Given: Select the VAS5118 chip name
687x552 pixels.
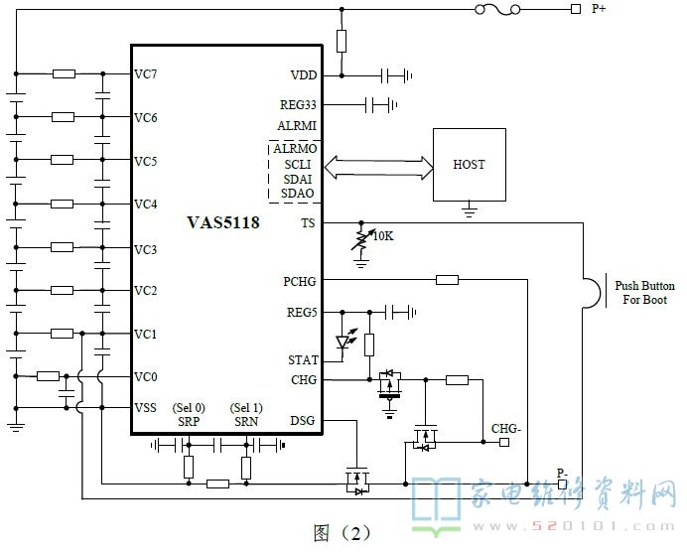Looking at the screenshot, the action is (223, 222).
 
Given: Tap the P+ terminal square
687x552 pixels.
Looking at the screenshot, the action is (576, 9).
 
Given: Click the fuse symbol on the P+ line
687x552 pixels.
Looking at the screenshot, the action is (497, 10).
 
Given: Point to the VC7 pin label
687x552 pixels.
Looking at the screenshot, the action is (146, 74).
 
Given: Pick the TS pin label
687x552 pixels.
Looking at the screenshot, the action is (308, 223).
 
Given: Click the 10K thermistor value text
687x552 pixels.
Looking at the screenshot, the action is (383, 236).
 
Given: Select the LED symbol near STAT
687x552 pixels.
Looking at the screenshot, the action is (345, 340).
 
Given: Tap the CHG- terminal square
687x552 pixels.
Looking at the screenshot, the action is (504, 442).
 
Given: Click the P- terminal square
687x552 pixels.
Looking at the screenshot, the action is (563, 484).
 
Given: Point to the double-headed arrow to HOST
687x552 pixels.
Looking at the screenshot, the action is (378, 168).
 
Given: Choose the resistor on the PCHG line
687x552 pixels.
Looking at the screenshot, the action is (448, 280).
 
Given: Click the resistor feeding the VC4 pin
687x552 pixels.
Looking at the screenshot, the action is (62, 204).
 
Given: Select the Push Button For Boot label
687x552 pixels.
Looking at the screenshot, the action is (644, 293).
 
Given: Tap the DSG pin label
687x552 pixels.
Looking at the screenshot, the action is (303, 421).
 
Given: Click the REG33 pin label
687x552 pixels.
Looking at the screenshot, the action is (298, 105).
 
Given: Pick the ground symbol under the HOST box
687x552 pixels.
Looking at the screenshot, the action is (470, 209).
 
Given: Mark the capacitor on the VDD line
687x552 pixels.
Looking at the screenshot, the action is (385, 75).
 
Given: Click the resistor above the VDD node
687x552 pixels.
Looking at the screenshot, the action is (342, 41).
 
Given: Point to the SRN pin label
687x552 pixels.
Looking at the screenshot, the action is (246, 422).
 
